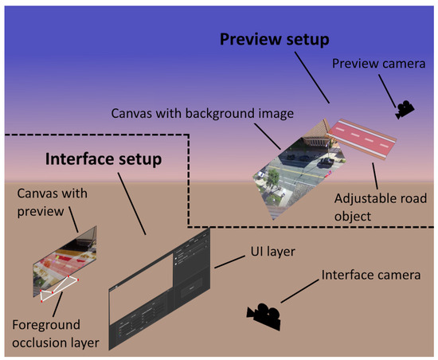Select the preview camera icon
click(404, 108)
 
